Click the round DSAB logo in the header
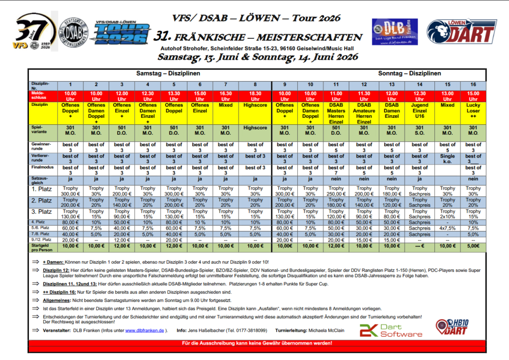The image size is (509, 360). (74, 34)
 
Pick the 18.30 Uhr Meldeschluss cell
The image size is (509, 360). (255, 96)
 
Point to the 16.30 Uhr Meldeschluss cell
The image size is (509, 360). (226, 96)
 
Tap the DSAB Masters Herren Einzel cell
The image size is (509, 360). (337, 113)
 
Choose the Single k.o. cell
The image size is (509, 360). (447, 159)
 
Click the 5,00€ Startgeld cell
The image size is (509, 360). (473, 246)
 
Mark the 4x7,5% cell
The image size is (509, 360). (447, 228)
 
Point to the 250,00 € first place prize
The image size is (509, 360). (337, 194)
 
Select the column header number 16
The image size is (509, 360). (473, 85)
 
